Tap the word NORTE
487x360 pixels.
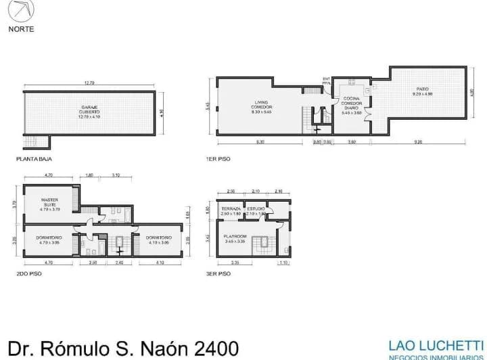tap(21, 29)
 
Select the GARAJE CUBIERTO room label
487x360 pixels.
tap(90, 110)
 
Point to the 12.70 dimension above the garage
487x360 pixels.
tap(89, 83)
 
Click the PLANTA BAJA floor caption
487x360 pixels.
tap(34, 160)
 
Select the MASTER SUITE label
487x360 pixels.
tap(50, 203)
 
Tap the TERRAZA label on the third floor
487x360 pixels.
tap(231, 209)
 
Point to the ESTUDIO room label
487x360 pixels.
tap(256, 209)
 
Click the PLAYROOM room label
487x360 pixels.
tap(235, 236)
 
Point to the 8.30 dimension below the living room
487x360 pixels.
tap(260, 142)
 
